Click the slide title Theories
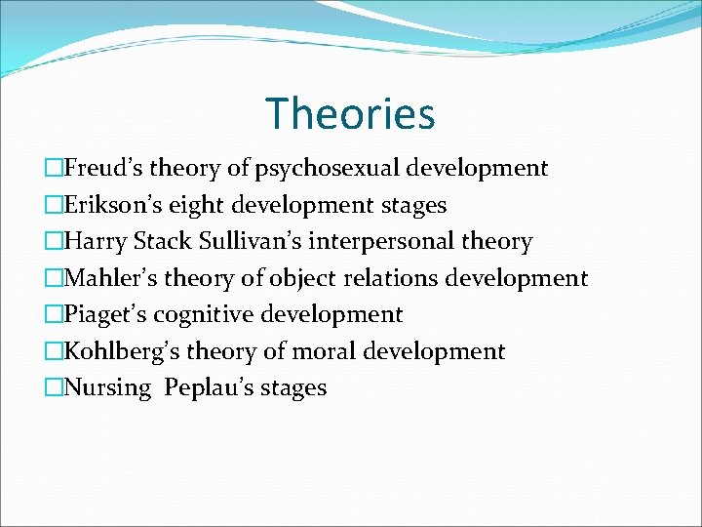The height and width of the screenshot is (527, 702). pos(350,113)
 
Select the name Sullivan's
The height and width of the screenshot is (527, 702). pos(246,242)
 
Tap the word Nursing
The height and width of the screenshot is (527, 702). pos(108,388)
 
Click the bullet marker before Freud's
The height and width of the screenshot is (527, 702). pos(57,169)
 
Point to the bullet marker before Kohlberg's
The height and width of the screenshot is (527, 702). pos(57,351)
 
